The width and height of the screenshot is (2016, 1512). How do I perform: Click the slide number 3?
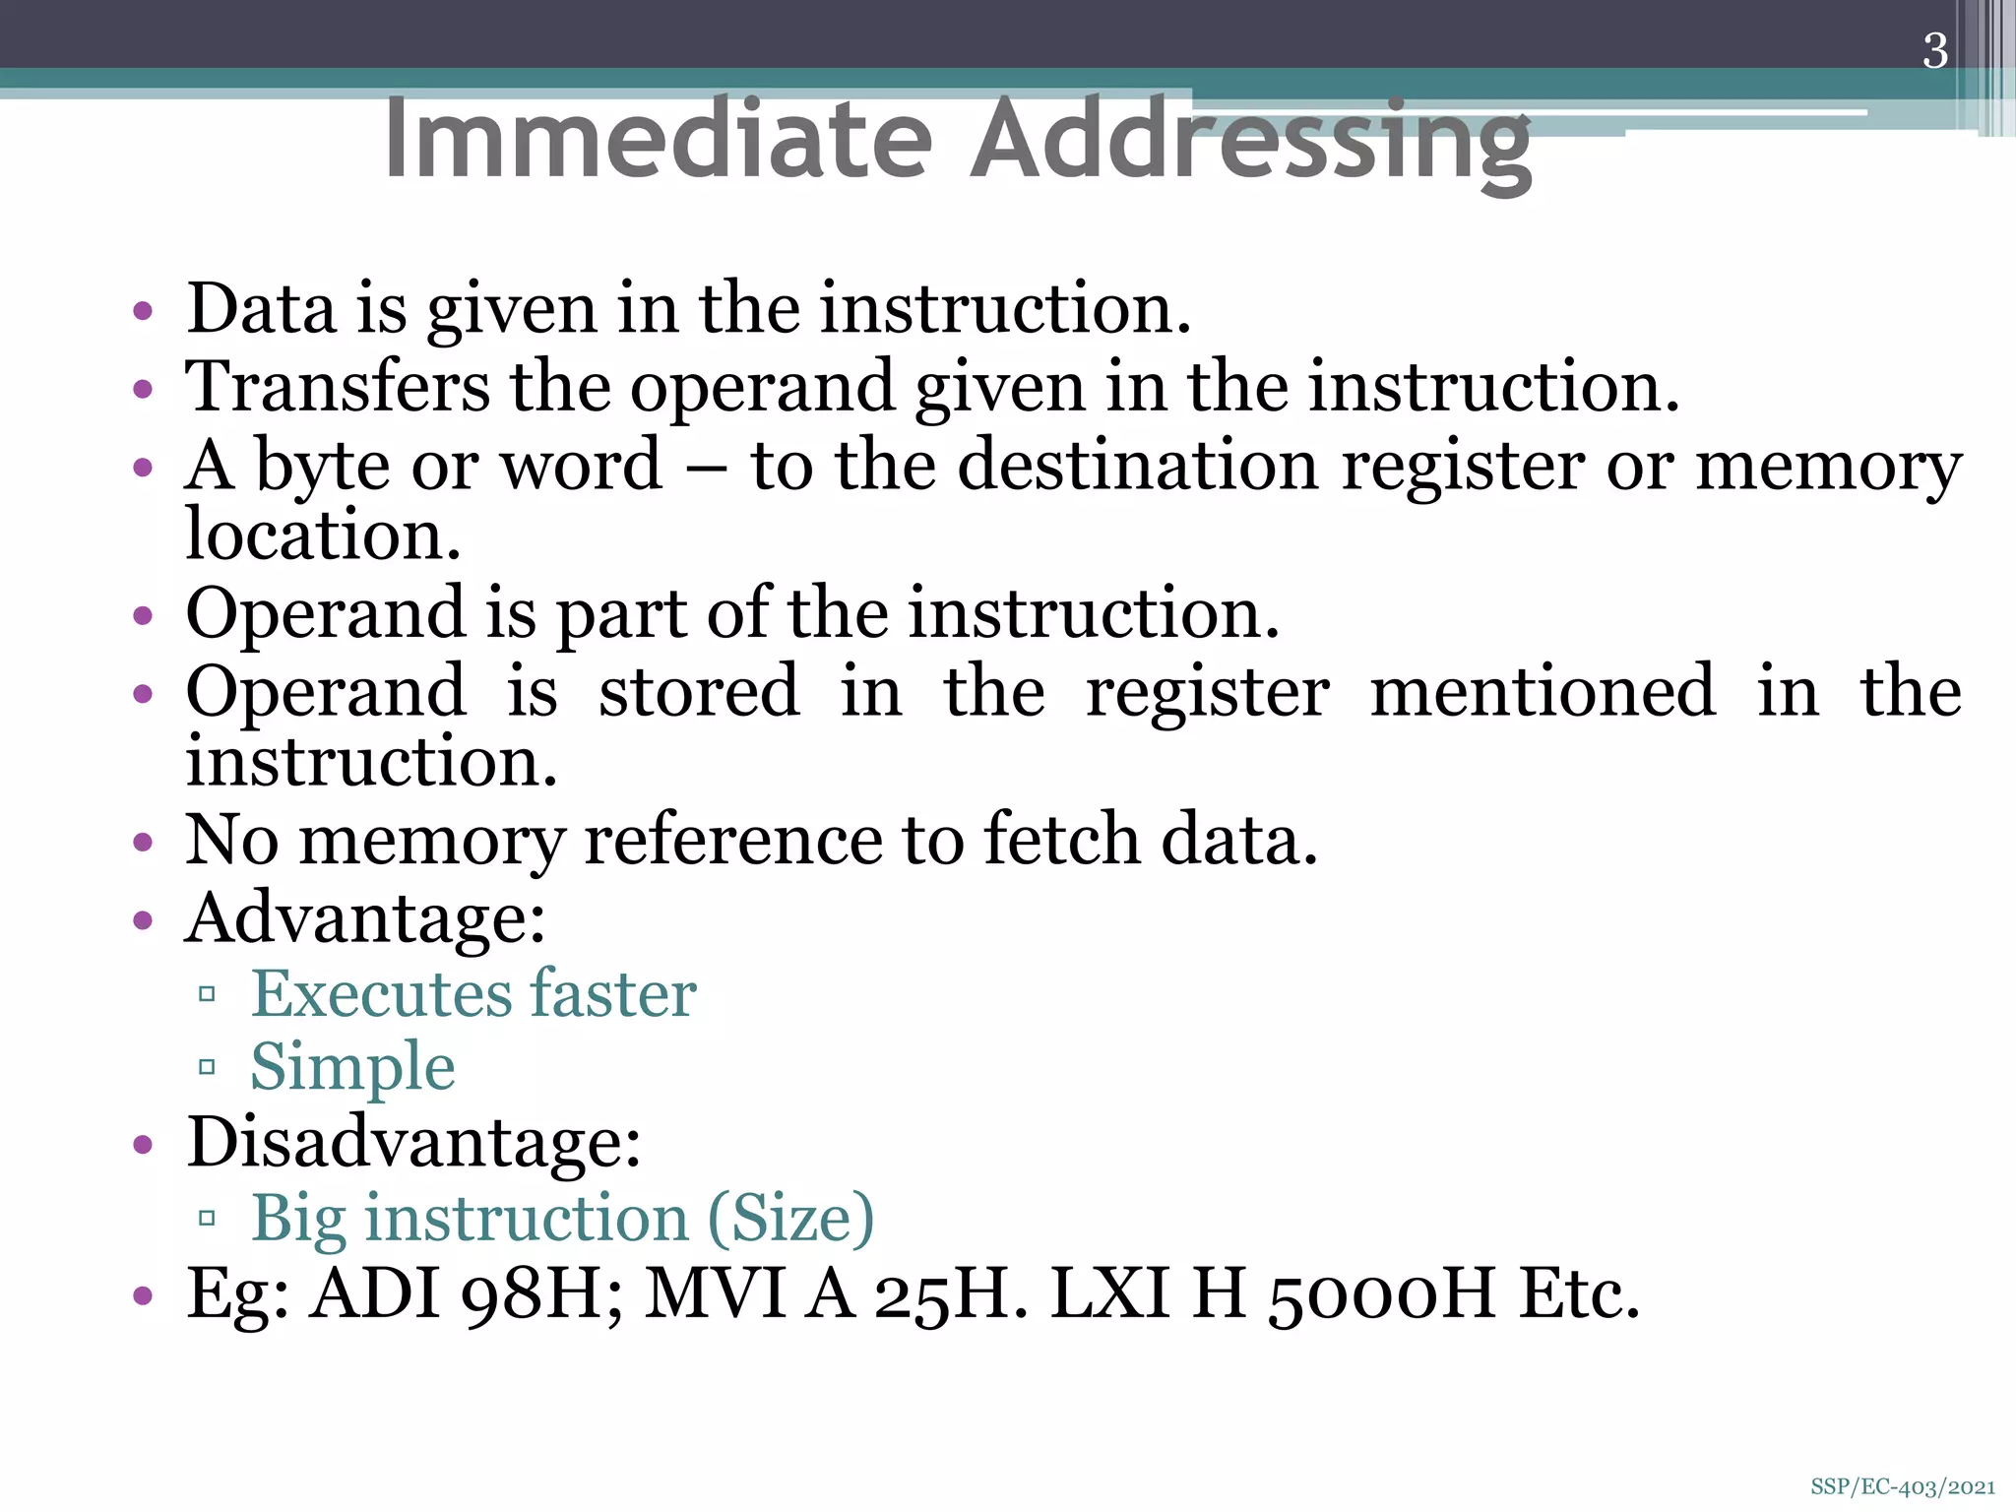1934,51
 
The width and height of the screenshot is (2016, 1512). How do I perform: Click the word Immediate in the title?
658,140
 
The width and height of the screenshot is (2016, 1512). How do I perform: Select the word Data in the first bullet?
261,309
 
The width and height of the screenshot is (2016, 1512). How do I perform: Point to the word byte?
322,466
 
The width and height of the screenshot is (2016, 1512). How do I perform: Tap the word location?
323,535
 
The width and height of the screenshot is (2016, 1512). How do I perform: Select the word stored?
699,691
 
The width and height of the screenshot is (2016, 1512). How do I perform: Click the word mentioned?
1543,691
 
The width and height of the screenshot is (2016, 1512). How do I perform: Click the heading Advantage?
365,918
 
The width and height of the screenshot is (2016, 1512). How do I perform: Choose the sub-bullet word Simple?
352,1067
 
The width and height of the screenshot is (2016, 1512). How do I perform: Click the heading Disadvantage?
413,1143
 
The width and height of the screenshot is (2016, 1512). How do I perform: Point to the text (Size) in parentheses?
790,1219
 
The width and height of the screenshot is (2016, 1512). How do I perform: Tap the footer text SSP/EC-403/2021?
1902,1487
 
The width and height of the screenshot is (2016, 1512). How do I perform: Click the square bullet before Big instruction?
207,1219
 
